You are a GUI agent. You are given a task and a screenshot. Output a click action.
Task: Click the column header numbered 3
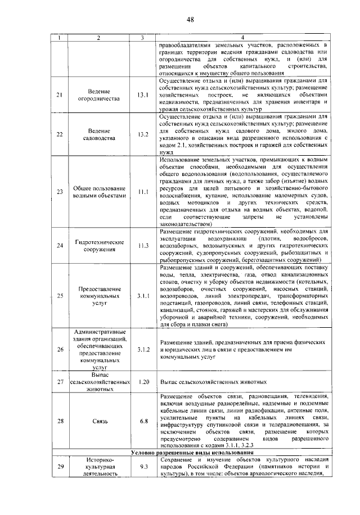[143, 38]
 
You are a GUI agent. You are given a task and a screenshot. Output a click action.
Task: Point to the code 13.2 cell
[143, 134]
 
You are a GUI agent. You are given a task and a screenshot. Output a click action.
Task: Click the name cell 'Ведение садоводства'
[98, 134]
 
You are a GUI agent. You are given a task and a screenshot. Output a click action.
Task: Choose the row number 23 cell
[60, 192]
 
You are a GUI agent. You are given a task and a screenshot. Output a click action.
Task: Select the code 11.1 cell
[143, 192]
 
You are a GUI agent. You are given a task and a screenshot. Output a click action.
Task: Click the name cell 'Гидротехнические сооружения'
[98, 246]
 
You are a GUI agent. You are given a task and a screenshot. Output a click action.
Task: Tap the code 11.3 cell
[143, 246]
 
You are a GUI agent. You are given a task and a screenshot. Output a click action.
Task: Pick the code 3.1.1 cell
[143, 295]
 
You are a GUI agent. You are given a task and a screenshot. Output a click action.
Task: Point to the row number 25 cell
[60, 295]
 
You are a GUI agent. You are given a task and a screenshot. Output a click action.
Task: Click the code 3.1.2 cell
[143, 349]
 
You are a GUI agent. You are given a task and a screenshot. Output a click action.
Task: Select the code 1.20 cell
[143, 382]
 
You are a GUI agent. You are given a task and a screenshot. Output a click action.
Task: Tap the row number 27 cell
[60, 382]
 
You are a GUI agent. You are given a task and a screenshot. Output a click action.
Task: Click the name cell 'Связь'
[98, 421]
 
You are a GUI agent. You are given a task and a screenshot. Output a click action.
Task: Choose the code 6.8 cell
[143, 421]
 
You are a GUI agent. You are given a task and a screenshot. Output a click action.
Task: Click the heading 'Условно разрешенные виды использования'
[191, 453]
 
